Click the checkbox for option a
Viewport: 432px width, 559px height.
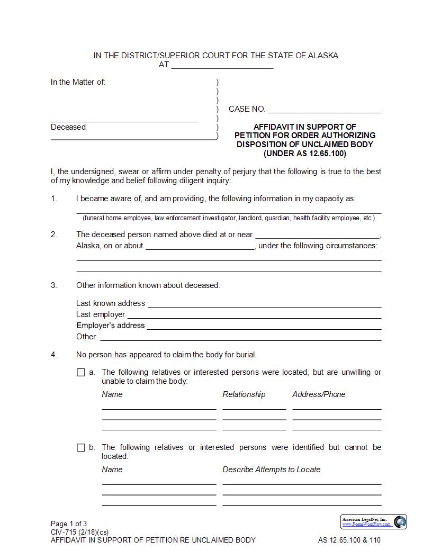[x=81, y=373]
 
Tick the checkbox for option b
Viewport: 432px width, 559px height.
[x=81, y=448]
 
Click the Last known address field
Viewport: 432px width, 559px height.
[x=264, y=304]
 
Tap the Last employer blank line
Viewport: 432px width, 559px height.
[x=254, y=315]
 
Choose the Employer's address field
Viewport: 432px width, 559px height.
[x=264, y=326]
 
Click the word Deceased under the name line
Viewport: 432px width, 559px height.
[x=68, y=127]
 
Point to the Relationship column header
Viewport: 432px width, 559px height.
[x=244, y=394]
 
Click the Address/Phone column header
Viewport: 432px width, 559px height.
[x=319, y=394]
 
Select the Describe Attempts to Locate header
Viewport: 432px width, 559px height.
[x=271, y=470]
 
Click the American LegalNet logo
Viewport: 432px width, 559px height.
[x=373, y=522]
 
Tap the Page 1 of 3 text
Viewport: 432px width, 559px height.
[x=69, y=524]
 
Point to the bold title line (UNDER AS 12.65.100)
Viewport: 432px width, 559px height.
[x=305, y=154]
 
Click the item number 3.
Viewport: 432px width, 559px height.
[x=53, y=285]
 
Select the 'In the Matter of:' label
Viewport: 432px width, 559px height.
[x=78, y=82]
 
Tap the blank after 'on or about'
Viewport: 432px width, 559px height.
[x=200, y=246]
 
